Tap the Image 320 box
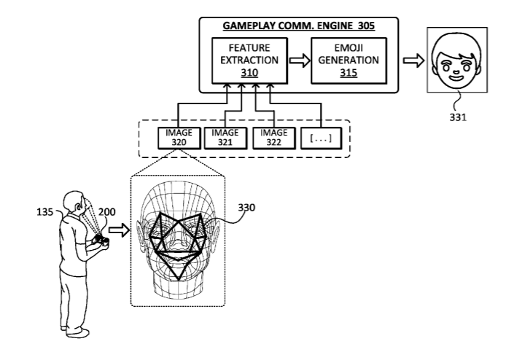point(179,138)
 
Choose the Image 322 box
point(274,138)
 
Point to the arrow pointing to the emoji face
point(414,61)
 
